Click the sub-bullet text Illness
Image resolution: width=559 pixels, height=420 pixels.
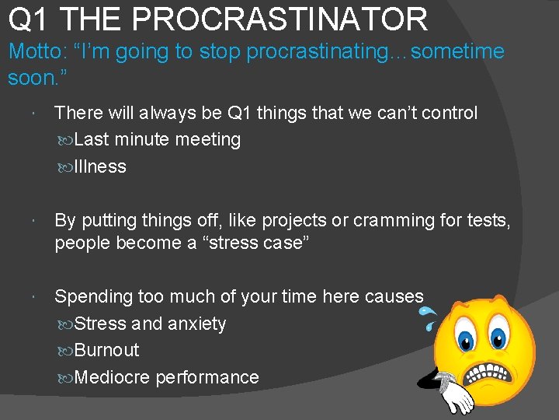point(100,166)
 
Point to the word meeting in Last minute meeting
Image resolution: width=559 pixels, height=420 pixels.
point(207,140)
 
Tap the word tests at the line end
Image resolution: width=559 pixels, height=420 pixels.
point(488,221)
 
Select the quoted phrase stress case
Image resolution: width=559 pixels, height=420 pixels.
point(253,243)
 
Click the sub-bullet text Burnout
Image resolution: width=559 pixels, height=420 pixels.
point(107,350)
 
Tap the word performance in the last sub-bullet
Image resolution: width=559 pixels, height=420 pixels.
point(207,377)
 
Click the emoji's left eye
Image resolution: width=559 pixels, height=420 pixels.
point(467,339)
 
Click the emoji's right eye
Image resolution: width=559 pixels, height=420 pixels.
point(498,338)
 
